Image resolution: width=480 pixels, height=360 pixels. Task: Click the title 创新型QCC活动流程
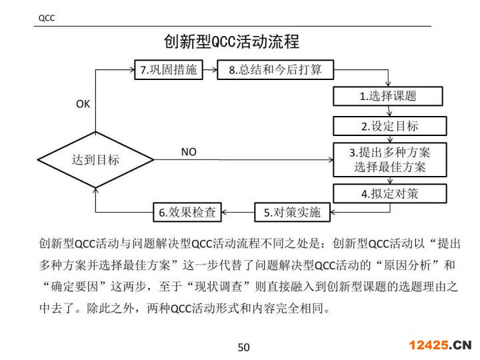231,42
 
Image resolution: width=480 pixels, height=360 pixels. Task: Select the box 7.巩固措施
169,70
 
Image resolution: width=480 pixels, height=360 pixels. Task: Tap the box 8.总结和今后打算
275,70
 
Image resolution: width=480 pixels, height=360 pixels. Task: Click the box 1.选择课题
387,96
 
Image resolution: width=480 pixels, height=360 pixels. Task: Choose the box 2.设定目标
387,126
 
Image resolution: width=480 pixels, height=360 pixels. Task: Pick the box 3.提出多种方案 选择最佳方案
387,160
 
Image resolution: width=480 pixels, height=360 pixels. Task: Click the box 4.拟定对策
387,194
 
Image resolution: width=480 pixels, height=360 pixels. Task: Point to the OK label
83,104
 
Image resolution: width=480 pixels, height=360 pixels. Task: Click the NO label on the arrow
189,152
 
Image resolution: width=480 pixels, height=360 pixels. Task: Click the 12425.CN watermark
439,345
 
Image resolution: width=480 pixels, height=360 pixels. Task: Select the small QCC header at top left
46,18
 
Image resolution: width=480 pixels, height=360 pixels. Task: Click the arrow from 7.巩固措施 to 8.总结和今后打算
210,70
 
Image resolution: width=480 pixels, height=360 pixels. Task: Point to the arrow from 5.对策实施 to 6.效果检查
239,213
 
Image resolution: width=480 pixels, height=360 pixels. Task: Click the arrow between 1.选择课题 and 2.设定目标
387,111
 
